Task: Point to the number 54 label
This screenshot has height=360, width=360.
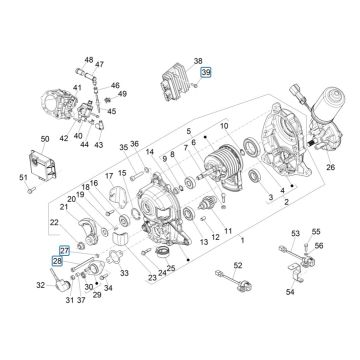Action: (319, 322)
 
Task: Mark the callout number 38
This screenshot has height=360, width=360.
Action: (197, 61)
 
